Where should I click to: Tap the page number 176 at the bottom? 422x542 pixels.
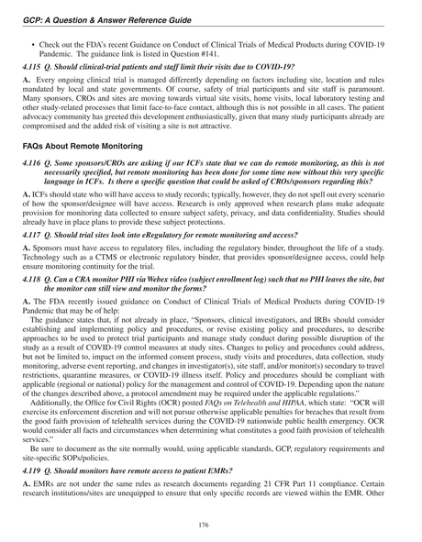point(210,524)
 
